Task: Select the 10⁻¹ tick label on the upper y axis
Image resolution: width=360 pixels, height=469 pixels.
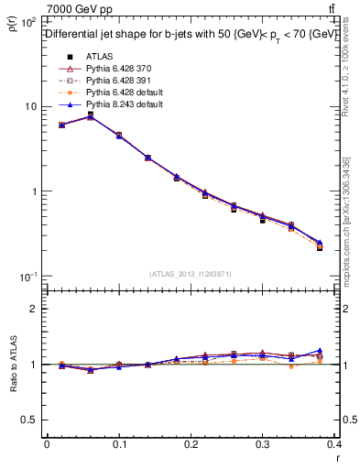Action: [29, 277]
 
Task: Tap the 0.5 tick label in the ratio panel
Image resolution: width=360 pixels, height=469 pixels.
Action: [30, 420]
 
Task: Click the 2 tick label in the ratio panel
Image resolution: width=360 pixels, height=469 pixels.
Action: [35, 309]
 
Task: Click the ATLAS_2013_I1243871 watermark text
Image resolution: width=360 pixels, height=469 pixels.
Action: [191, 274]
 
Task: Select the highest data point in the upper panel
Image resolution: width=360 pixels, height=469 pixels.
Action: [91, 116]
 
